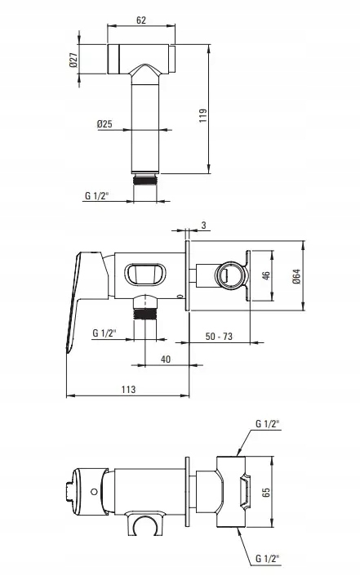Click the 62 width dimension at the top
pyautogui.click(x=141, y=20)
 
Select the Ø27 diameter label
pyautogui.click(x=73, y=60)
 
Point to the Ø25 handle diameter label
pyautogui.click(x=104, y=124)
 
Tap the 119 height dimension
pyautogui.click(x=203, y=115)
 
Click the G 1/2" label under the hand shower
pyautogui.click(x=96, y=195)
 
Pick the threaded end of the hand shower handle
pyautogui.click(x=145, y=180)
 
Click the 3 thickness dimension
pyautogui.click(x=203, y=225)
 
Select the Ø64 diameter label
pyautogui.click(x=296, y=276)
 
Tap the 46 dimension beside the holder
pyautogui.click(x=266, y=275)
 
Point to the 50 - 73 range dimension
pyautogui.click(x=219, y=336)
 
